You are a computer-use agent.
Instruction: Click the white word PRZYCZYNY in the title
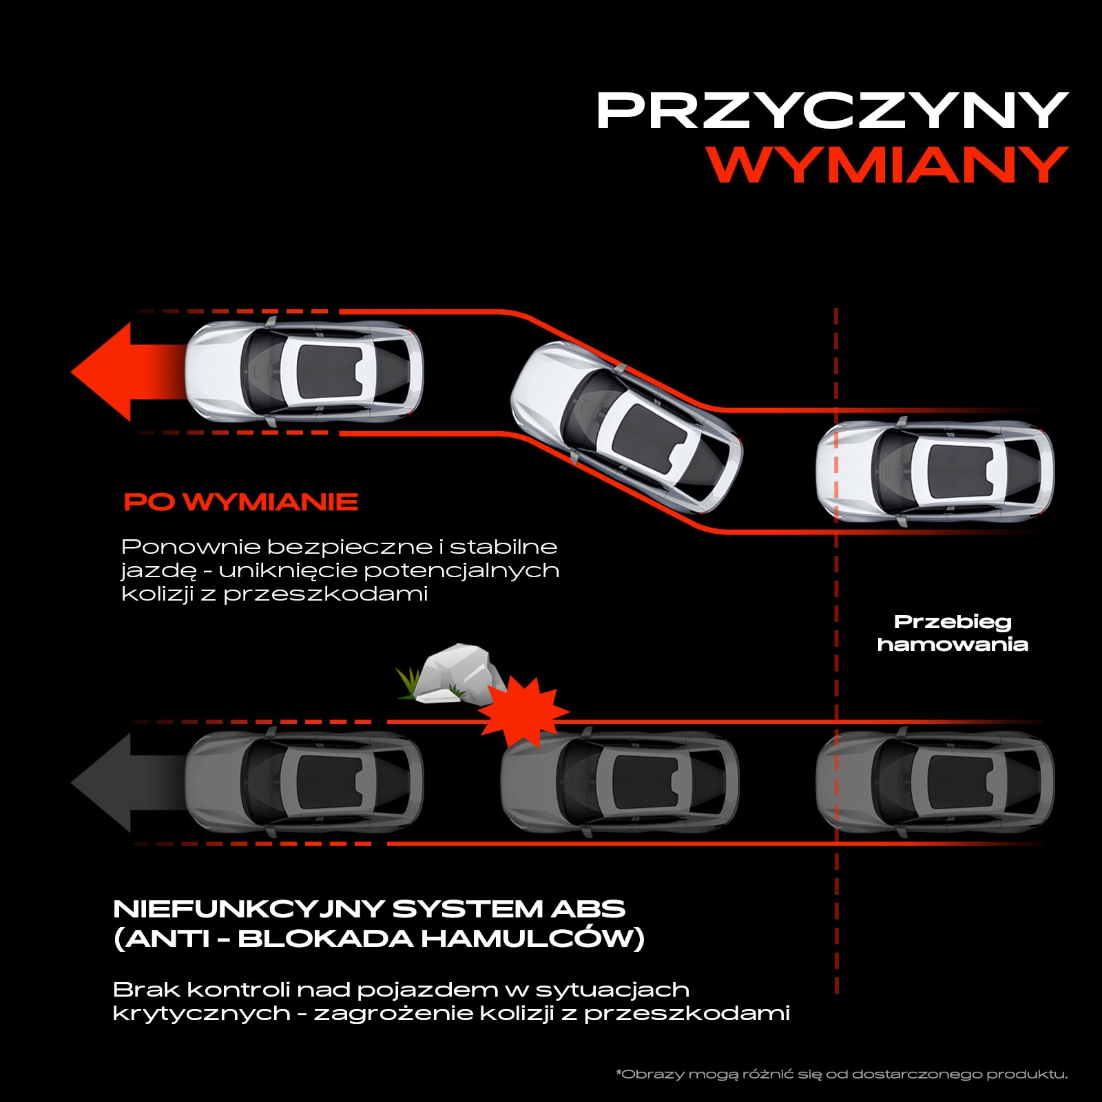tap(832, 110)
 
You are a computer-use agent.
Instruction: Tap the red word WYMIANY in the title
tap(888, 165)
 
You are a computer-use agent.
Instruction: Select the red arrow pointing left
tap(127, 372)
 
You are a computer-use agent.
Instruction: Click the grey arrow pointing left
tap(127, 783)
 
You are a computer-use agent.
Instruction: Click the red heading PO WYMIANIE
tap(241, 501)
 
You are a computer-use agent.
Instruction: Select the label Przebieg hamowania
tap(953, 633)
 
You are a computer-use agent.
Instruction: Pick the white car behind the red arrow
tap(304, 372)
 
